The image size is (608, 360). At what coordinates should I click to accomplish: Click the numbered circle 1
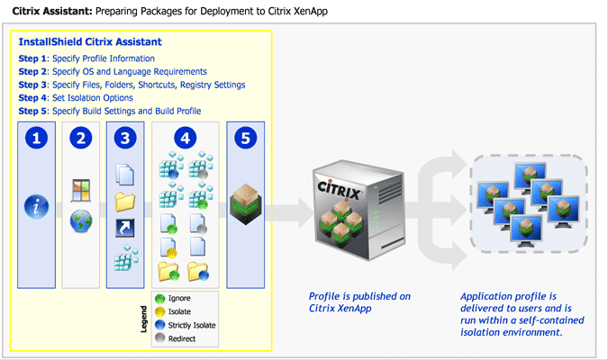pos(36,139)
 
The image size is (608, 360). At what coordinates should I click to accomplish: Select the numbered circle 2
pos(82,139)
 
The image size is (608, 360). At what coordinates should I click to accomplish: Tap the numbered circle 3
pos(125,139)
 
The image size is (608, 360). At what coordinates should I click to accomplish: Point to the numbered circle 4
pos(185,139)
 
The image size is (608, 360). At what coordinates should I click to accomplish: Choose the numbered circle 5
pos(245,139)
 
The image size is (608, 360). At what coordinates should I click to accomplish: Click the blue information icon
pos(36,208)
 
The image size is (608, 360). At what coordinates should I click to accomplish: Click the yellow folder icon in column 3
pos(125,201)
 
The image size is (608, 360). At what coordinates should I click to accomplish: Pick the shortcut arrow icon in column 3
pos(125,230)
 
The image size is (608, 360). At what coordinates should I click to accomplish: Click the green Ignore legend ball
pos(160,298)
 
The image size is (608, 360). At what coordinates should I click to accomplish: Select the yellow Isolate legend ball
pos(160,311)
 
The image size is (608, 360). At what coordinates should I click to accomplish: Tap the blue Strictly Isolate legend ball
pos(160,324)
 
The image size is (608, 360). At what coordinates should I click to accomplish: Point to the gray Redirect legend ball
pos(160,337)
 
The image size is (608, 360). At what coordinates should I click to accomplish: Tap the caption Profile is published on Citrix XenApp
pos(347,302)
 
